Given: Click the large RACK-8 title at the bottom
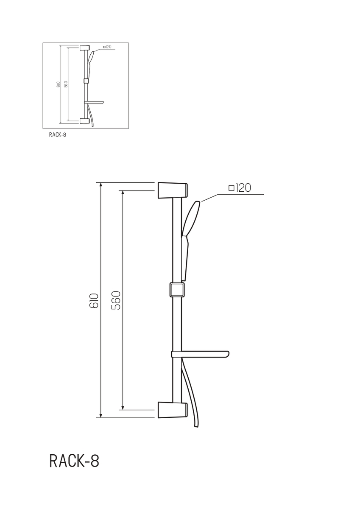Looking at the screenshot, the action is [x=74, y=461].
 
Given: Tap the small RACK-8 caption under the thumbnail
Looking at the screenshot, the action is [x=58, y=134].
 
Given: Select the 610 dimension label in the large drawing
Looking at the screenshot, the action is [x=94, y=301].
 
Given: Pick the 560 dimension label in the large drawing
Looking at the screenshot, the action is [x=116, y=300].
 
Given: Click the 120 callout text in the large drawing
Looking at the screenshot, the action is [x=243, y=188].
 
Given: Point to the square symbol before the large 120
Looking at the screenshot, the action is [x=231, y=188].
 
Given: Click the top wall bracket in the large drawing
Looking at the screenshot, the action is [x=173, y=190].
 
